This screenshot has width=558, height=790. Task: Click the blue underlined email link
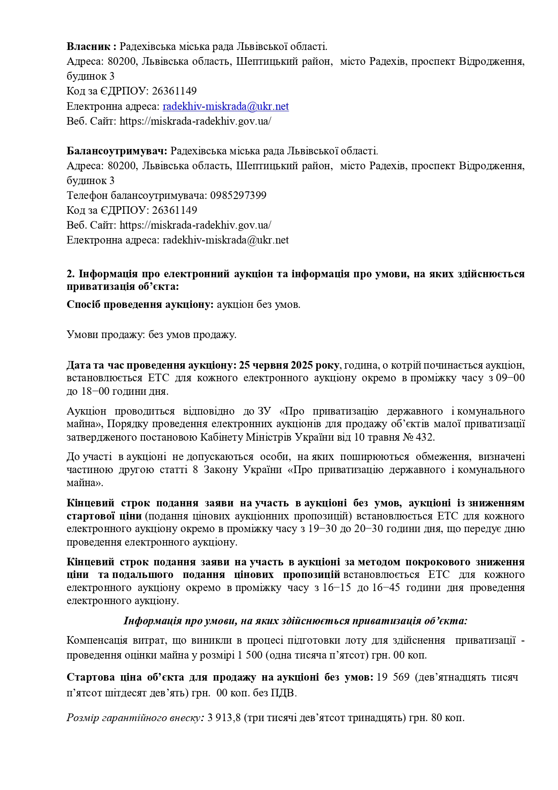click(225, 106)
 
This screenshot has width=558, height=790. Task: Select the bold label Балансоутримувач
click(117, 151)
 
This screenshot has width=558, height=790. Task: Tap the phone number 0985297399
click(238, 195)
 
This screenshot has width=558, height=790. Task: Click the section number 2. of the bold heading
click(71, 274)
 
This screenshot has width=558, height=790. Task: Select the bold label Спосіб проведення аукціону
click(140, 304)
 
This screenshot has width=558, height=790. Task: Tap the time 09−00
click(510, 378)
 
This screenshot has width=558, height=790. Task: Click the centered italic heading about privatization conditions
click(296, 621)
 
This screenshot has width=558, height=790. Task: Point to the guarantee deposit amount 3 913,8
click(225, 718)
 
